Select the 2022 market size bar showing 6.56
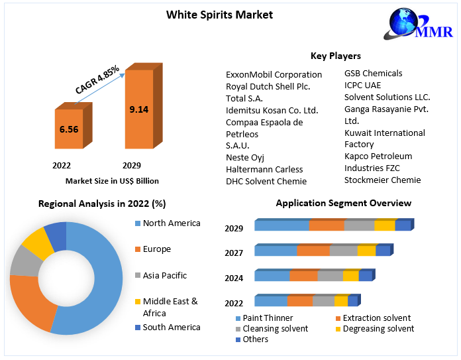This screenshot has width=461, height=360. tap(68, 130)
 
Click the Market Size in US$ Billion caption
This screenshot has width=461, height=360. tap(112, 180)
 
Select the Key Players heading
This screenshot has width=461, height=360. tap(335, 56)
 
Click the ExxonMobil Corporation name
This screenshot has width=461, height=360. tap(274, 74)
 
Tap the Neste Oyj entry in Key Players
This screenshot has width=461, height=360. tap(246, 157)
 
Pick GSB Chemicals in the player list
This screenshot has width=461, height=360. tap(373, 73)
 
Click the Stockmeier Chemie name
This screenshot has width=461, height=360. tap(382, 180)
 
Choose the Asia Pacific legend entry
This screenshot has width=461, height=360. tap(164, 275)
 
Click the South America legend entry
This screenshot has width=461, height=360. tap(171, 327)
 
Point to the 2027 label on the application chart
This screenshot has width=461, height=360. tap(234, 253)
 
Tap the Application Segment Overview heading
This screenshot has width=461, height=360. tap(343, 203)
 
